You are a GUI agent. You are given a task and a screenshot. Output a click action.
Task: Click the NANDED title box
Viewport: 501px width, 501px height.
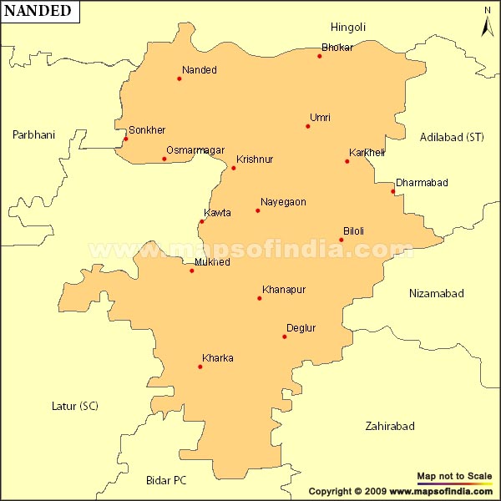coord(40,12)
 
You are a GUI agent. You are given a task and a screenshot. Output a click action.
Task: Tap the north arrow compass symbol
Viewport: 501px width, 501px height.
coord(488,23)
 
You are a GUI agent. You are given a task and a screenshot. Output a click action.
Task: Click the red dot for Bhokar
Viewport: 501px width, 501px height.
coord(320,56)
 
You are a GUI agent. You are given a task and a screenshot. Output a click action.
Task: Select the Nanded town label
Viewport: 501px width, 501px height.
coord(199,70)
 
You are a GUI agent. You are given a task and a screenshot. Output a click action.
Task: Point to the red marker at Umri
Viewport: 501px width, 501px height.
coord(308,126)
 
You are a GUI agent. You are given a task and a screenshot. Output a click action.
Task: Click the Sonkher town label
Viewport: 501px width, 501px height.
coord(147,130)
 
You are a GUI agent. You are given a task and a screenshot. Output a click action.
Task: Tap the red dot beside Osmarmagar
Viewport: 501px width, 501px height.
coord(164,159)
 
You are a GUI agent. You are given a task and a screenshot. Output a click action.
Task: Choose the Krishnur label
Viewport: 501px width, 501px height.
coord(255,159)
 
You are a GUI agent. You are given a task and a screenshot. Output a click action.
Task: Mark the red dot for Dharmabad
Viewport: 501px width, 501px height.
coord(393,191)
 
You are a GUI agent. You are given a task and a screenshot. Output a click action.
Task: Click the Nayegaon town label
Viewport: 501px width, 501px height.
coord(283,202)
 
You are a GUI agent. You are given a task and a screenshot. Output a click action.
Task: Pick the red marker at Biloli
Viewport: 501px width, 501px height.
coord(342,240)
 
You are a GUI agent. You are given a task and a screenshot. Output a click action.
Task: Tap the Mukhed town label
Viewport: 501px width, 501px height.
coord(211,262)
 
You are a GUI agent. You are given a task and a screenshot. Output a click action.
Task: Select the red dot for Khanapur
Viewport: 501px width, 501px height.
coord(260,298)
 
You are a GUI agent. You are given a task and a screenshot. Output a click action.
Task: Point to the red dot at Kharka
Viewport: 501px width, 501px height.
coord(200,367)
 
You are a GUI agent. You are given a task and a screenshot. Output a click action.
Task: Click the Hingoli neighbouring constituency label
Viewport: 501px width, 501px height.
coord(348,28)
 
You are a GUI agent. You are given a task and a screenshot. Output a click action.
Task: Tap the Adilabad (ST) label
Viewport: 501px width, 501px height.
coord(452,137)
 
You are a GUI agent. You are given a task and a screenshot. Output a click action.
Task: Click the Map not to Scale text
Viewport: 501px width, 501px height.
coord(454,476)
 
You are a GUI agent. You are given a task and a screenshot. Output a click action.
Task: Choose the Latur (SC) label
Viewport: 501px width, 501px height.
coord(74,407)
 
